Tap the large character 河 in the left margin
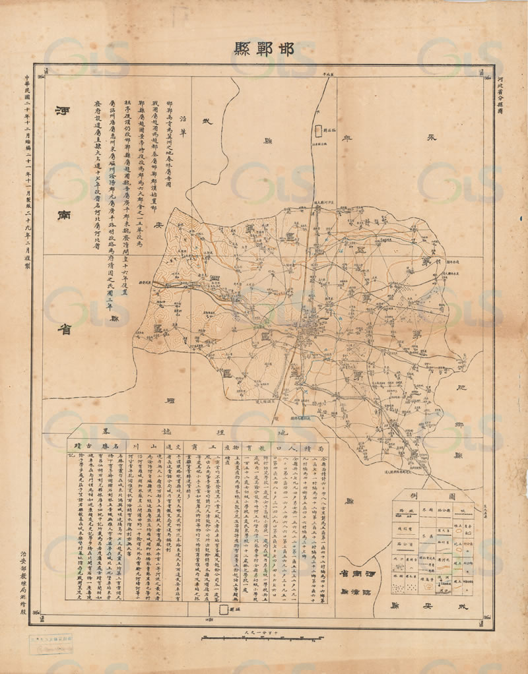point(65,114)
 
